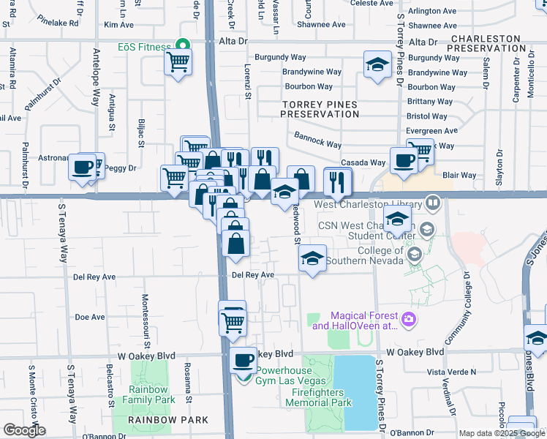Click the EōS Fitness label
coord(144,47)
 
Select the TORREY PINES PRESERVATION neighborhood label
coord(320,109)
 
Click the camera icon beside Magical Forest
coord(408,318)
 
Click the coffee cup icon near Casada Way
coord(403,161)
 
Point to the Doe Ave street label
coord(90,318)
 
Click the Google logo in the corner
coord(24,430)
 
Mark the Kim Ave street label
coord(118,25)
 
